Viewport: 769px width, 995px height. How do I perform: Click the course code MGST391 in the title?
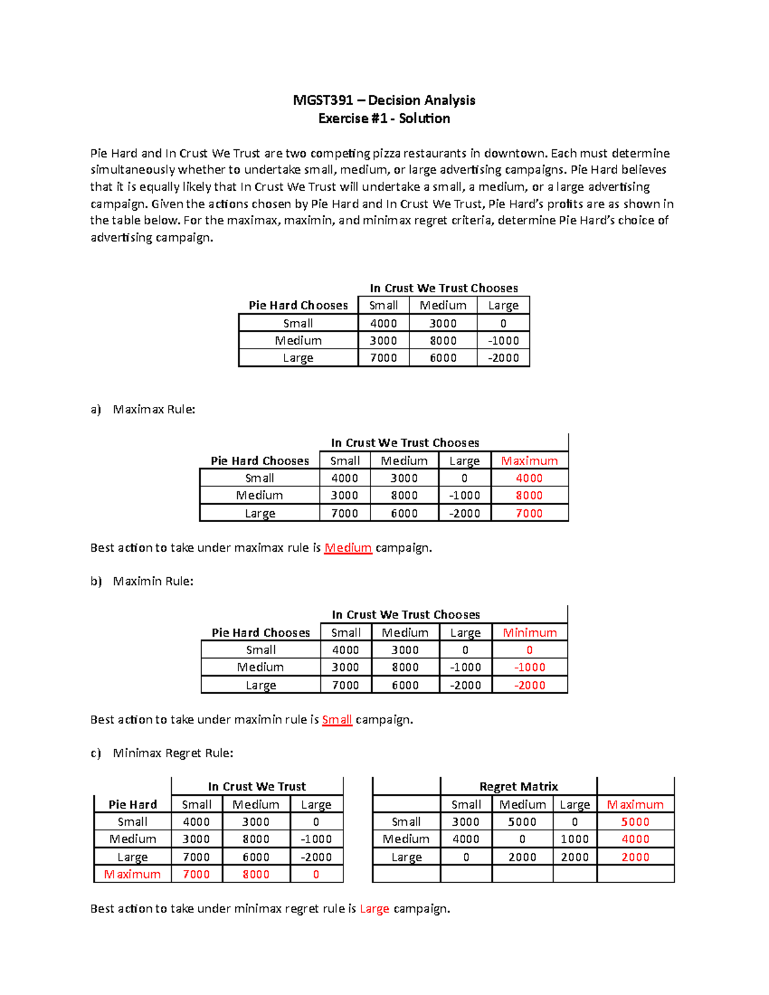pos(323,100)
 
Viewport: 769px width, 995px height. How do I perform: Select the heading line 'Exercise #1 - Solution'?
pos(384,119)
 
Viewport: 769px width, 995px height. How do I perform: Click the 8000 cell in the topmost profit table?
pos(443,341)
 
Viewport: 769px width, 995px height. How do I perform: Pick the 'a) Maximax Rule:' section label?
pos(143,409)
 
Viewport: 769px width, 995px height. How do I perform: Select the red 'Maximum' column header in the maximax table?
pos(529,461)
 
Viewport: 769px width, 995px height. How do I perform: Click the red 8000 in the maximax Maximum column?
pos(529,495)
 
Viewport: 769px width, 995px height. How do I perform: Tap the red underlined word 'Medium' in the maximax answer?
pos(348,548)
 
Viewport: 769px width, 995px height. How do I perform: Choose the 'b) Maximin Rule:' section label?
pos(142,581)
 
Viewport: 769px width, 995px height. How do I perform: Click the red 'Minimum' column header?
pos(529,632)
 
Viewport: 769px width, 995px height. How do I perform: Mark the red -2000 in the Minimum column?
pos(529,685)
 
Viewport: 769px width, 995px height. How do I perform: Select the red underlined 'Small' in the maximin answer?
pos(337,720)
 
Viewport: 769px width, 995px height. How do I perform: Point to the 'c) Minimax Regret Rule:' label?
pos(161,753)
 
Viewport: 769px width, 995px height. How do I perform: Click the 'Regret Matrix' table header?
pos(518,786)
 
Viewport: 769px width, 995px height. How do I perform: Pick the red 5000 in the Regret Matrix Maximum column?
pos(635,821)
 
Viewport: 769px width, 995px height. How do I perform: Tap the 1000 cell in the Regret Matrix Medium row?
pos(574,839)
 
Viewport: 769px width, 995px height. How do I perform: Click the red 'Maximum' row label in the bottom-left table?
pos(133,874)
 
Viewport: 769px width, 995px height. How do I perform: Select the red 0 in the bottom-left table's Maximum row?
pos(316,874)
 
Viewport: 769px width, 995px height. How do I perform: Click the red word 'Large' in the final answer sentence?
pos(374,909)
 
